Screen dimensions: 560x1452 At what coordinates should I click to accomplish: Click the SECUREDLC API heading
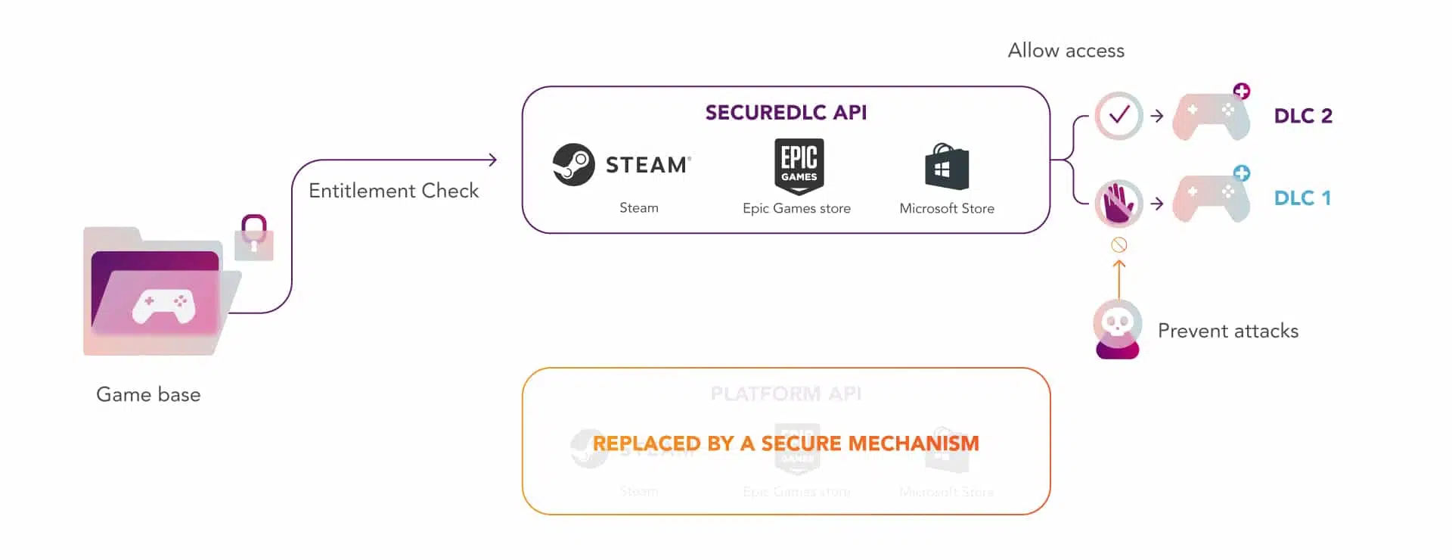[786, 113]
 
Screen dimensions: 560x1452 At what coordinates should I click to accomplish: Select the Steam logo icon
[573, 164]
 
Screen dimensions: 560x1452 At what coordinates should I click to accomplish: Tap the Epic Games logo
[799, 166]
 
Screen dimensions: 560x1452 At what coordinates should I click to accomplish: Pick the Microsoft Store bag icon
[946, 166]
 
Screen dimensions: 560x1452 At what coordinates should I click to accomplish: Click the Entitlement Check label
[393, 191]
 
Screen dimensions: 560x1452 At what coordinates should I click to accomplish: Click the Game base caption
[148, 394]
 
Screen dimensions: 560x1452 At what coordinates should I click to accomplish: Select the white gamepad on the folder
[163, 306]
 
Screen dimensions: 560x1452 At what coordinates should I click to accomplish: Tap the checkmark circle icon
[1118, 116]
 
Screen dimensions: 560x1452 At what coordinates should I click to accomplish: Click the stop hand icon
[1118, 203]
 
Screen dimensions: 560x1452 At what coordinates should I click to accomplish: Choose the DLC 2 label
[1302, 116]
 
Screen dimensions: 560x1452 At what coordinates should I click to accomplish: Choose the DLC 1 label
[1302, 198]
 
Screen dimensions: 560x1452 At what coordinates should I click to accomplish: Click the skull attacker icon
[1117, 328]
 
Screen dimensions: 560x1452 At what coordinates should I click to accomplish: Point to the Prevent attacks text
[1227, 331]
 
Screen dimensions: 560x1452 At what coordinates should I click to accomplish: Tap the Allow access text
[1066, 51]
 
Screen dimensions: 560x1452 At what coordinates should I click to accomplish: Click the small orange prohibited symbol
[1119, 244]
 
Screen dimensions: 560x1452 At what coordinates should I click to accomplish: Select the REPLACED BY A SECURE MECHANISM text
[786, 443]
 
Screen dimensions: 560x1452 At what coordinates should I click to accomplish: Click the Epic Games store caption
[796, 208]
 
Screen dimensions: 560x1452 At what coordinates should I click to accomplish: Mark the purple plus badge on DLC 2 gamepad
[1241, 92]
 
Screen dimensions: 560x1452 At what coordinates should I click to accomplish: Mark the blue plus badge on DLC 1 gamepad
[1241, 173]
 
